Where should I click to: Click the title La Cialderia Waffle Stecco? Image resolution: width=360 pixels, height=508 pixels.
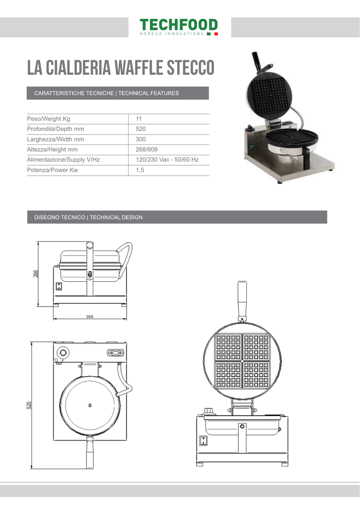coord(121,67)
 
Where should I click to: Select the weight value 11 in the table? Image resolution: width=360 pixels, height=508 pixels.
coord(139,119)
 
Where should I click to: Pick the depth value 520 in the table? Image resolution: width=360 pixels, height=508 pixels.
coord(141,129)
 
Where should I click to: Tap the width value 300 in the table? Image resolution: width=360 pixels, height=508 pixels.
coord(141,139)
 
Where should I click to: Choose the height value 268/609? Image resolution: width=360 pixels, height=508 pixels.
coord(146,149)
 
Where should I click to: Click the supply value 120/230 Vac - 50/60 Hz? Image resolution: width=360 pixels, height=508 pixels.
coord(167,160)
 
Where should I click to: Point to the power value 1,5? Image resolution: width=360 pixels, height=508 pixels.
coord(140,170)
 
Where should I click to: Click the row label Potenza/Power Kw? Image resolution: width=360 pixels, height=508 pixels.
coord(52,170)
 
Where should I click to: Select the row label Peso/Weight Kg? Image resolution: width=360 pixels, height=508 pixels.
coord(48,119)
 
